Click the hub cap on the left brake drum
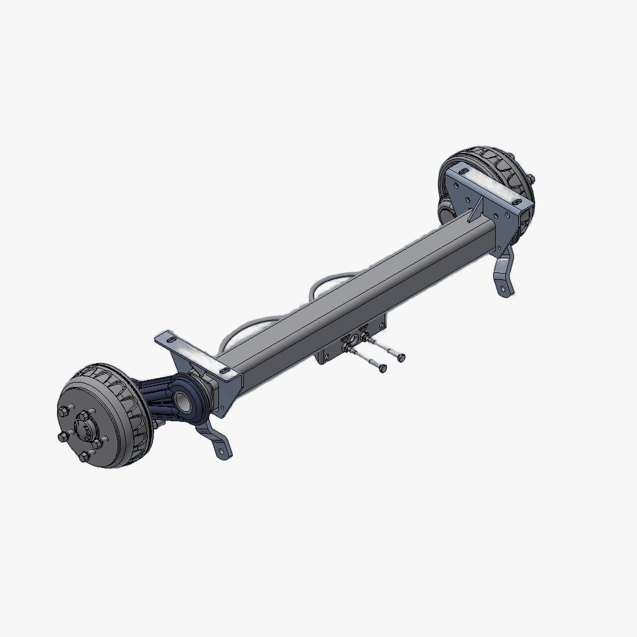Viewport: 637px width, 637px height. click(84, 428)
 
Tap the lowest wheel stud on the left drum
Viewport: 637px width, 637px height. click(84, 458)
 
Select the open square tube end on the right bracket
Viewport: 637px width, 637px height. click(526, 214)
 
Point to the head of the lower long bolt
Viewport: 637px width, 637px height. click(383, 369)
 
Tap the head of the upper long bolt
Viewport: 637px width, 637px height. click(401, 357)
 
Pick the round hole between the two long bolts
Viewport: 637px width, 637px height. click(353, 340)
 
